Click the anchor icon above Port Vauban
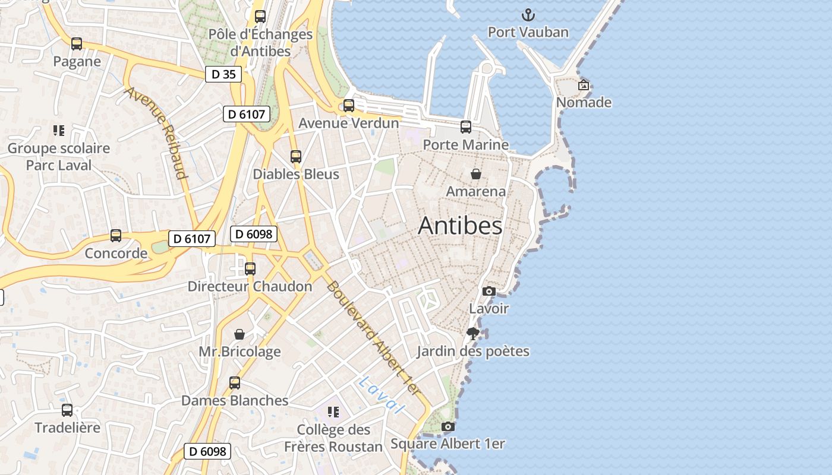(x=528, y=15)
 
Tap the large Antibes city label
(x=460, y=226)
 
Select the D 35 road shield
(x=223, y=74)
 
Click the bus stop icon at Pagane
(x=77, y=44)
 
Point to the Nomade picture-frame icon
(x=584, y=85)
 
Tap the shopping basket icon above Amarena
(x=476, y=174)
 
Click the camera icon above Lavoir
(x=489, y=291)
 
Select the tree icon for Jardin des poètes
(x=473, y=334)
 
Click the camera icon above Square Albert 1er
(x=448, y=426)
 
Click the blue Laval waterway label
(x=381, y=395)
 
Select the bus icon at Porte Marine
(x=466, y=126)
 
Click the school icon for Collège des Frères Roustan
(x=333, y=411)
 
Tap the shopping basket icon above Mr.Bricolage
(x=239, y=334)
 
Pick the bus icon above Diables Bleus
(x=296, y=157)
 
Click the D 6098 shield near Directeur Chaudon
(x=254, y=234)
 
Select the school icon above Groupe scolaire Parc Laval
(x=58, y=130)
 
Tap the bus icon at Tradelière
(x=67, y=410)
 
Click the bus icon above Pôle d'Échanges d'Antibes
(x=260, y=17)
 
